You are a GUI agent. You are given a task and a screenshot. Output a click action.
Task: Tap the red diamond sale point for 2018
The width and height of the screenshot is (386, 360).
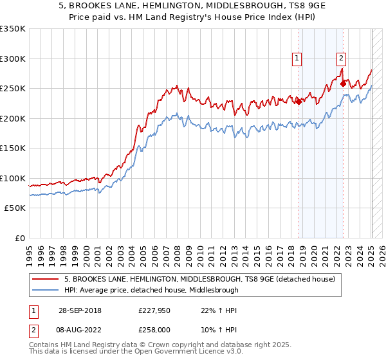pyautogui.click(x=299, y=101)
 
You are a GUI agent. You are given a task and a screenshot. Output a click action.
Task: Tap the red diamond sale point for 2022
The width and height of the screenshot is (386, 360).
pyautogui.click(x=343, y=83)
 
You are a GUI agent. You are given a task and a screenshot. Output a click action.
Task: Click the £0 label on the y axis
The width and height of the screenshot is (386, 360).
pyautogui.click(x=19, y=238)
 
